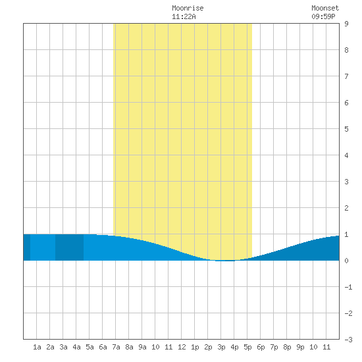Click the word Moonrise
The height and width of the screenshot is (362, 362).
(188, 8)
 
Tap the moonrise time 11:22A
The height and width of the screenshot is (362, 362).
(184, 16)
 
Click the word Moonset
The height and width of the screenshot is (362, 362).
(325, 8)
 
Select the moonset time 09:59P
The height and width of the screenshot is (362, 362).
(323, 16)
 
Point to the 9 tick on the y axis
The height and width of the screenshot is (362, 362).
(346, 24)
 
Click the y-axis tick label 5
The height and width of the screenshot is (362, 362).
(346, 129)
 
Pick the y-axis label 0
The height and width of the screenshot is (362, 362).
(346, 261)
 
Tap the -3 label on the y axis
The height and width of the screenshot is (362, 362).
(348, 340)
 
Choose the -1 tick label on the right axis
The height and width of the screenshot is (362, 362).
(348, 287)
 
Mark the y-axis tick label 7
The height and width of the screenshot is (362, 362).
(346, 76)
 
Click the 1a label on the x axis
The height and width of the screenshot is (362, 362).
(37, 347)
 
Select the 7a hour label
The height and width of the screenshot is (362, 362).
(116, 347)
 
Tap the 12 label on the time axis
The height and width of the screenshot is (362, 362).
(182, 347)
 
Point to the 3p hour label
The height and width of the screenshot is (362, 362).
(221, 347)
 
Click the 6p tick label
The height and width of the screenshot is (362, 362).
(261, 347)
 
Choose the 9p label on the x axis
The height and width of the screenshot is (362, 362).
(300, 347)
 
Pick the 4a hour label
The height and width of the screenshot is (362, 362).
(76, 347)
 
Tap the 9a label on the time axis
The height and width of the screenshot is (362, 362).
(142, 347)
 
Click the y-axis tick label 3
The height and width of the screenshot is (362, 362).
(346, 182)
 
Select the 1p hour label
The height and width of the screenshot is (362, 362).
(195, 347)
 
